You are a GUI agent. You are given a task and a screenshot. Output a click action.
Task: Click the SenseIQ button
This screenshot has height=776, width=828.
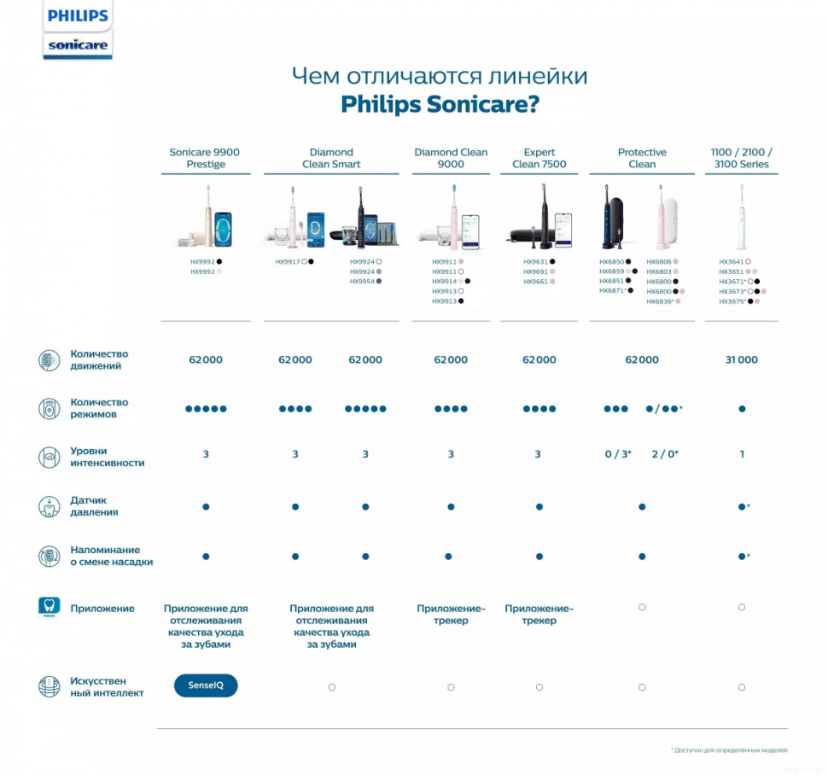pyautogui.click(x=206, y=686)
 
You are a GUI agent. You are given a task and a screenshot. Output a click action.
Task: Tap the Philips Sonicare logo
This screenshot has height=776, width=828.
pyautogui.click(x=78, y=31)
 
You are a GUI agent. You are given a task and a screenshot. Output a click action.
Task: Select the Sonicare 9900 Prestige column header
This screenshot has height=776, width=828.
pyautogui.click(x=205, y=158)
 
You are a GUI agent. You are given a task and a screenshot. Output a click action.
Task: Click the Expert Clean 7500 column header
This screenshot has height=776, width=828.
pyautogui.click(x=539, y=158)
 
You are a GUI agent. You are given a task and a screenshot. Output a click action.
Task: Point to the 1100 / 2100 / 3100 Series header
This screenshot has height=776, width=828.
pyautogui.click(x=741, y=158)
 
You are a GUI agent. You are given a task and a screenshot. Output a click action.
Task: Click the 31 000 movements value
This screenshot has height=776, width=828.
pyautogui.click(x=741, y=360)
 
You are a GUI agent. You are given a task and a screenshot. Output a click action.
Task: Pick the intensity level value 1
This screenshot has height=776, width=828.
pyautogui.click(x=742, y=454)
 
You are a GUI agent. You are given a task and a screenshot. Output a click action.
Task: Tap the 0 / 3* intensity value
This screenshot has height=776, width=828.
pyautogui.click(x=618, y=454)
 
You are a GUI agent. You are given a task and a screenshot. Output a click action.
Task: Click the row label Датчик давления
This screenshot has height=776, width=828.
pyautogui.click(x=94, y=506)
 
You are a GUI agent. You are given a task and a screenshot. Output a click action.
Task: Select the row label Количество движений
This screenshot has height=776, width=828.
pyautogui.click(x=99, y=359)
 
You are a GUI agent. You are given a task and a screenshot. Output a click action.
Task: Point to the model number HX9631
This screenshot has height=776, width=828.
pyautogui.click(x=535, y=262)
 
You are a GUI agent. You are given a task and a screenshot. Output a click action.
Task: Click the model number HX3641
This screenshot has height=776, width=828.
pyautogui.click(x=731, y=262)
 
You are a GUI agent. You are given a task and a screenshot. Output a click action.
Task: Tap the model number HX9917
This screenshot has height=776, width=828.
pyautogui.click(x=287, y=262)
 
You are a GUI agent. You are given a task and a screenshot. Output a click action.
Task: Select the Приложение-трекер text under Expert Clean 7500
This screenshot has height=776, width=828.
pyautogui.click(x=539, y=615)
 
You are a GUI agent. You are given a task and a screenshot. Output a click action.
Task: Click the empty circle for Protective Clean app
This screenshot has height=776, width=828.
pyautogui.click(x=642, y=607)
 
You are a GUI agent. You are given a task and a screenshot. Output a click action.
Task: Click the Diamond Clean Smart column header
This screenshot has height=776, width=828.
pyautogui.click(x=331, y=158)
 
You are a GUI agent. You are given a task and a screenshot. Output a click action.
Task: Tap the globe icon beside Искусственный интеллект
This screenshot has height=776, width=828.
pyautogui.click(x=50, y=686)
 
